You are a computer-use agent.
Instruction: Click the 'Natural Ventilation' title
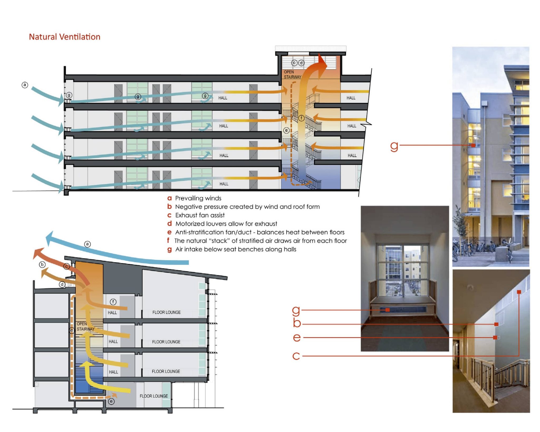64,37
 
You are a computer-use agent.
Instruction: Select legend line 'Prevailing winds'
198,198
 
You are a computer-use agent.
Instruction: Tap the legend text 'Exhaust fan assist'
200,215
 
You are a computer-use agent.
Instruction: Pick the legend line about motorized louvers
226,224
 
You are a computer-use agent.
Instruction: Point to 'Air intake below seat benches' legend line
235,249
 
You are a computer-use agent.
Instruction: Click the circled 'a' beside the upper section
25,85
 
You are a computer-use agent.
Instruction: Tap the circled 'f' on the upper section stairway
301,118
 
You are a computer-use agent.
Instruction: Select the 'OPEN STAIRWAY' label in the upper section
292,74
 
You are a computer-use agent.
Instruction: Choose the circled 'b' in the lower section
42,265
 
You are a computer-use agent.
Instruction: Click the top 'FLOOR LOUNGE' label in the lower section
166,312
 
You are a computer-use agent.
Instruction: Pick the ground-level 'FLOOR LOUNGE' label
154,396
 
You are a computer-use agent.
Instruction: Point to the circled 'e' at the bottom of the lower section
112,401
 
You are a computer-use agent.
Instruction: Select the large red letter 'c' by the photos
296,356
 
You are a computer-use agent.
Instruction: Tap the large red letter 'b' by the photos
297,323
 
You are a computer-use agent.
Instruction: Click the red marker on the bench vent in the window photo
387,310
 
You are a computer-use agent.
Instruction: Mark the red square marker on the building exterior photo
473,145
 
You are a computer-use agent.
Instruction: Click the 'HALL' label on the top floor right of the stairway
351,98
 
